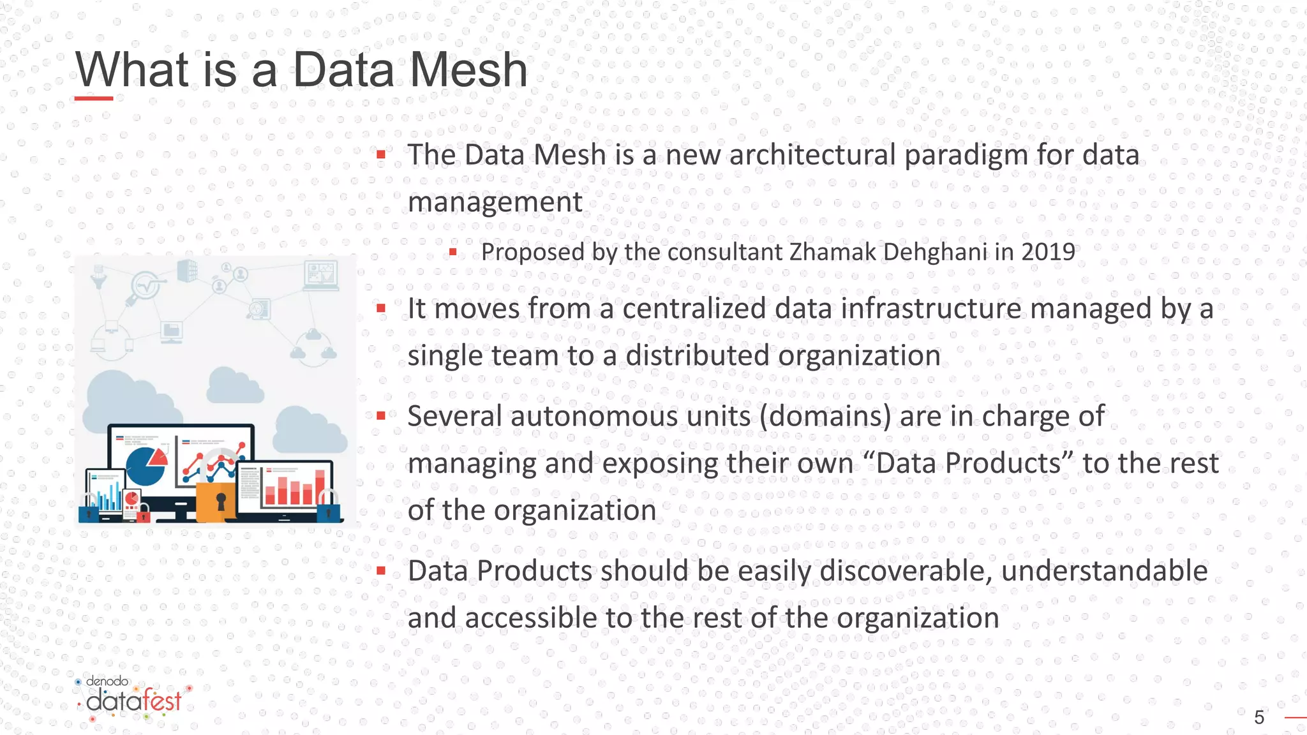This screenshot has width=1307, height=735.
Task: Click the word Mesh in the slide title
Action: click(468, 70)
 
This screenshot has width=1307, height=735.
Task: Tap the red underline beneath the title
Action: click(93, 98)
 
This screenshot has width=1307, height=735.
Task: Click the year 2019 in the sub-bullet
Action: click(1048, 252)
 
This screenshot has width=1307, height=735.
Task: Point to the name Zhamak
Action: click(833, 252)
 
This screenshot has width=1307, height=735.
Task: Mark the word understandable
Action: click(1104, 571)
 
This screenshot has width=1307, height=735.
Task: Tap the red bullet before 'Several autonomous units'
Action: click(381, 417)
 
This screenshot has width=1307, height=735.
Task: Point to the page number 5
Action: click(1258, 718)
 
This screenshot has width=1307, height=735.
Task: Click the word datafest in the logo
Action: click(134, 701)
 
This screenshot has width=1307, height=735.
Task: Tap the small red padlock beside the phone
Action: click(144, 514)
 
